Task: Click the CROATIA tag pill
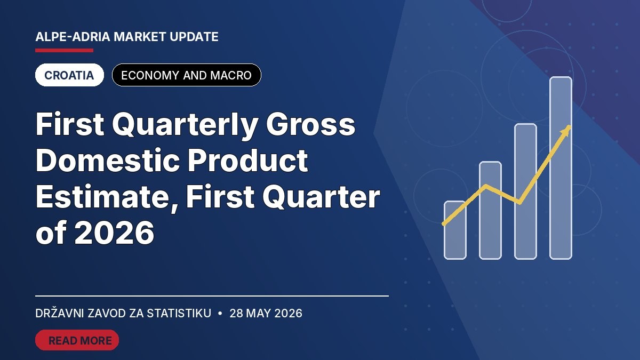[69, 75]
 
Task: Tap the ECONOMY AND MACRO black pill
[187, 75]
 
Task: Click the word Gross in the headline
[310, 125]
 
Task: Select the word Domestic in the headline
[108, 161]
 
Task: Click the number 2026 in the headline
[114, 233]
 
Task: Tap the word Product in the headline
[247, 161]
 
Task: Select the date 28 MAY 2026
[266, 314]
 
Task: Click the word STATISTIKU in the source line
[179, 314]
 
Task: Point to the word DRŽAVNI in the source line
[59, 313]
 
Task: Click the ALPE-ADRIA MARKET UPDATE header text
[127, 37]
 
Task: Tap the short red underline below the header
[65, 51]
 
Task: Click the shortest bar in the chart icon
[455, 230]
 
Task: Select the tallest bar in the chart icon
[561, 168]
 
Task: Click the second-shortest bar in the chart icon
[490, 211]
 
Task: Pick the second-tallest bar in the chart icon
[525, 191]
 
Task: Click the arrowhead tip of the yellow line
[570, 126]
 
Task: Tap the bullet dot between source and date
[220, 314]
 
